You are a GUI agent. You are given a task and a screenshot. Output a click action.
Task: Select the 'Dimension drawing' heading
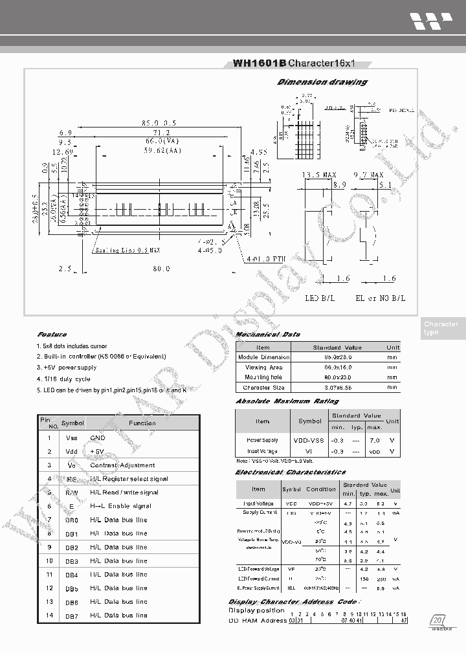322,82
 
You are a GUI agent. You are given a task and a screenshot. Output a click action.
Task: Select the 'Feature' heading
52,335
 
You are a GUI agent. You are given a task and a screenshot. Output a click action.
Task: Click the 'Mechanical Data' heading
267,335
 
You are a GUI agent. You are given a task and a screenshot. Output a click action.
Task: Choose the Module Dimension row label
263,357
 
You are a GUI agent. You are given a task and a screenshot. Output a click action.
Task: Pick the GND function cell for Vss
98,438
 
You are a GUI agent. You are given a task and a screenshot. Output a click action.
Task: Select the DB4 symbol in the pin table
72,575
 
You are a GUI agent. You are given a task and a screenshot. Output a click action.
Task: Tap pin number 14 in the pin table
49,616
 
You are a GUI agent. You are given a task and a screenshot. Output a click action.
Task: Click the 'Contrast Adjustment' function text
122,465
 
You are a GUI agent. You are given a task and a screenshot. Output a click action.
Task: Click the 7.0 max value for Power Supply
374,440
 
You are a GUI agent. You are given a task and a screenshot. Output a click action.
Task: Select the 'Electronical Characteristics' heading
290,472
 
